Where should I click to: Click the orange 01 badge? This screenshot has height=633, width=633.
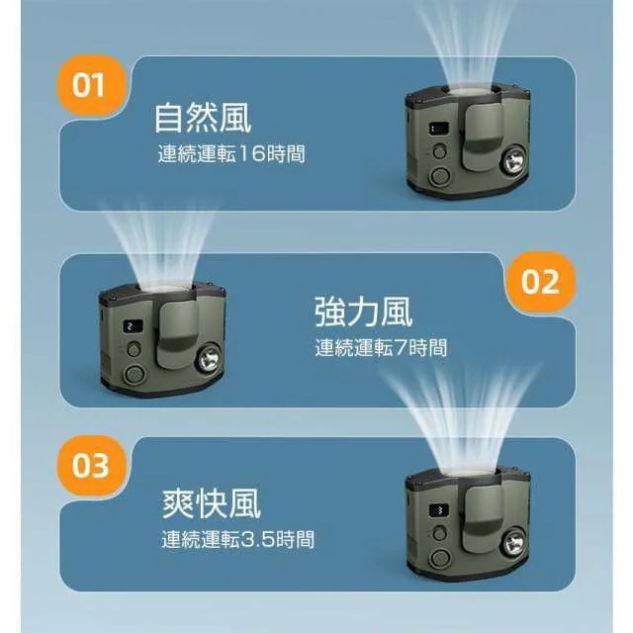[x=89, y=85]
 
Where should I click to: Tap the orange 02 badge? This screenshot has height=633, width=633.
[x=540, y=282]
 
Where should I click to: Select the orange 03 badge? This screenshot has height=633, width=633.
[x=89, y=464]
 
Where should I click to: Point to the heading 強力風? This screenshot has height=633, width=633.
[x=363, y=312]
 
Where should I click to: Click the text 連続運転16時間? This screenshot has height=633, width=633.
[x=231, y=155]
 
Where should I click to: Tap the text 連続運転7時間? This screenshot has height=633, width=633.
[x=381, y=348]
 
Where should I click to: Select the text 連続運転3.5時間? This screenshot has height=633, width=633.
[x=237, y=540]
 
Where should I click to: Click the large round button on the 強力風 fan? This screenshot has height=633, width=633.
[x=132, y=374]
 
